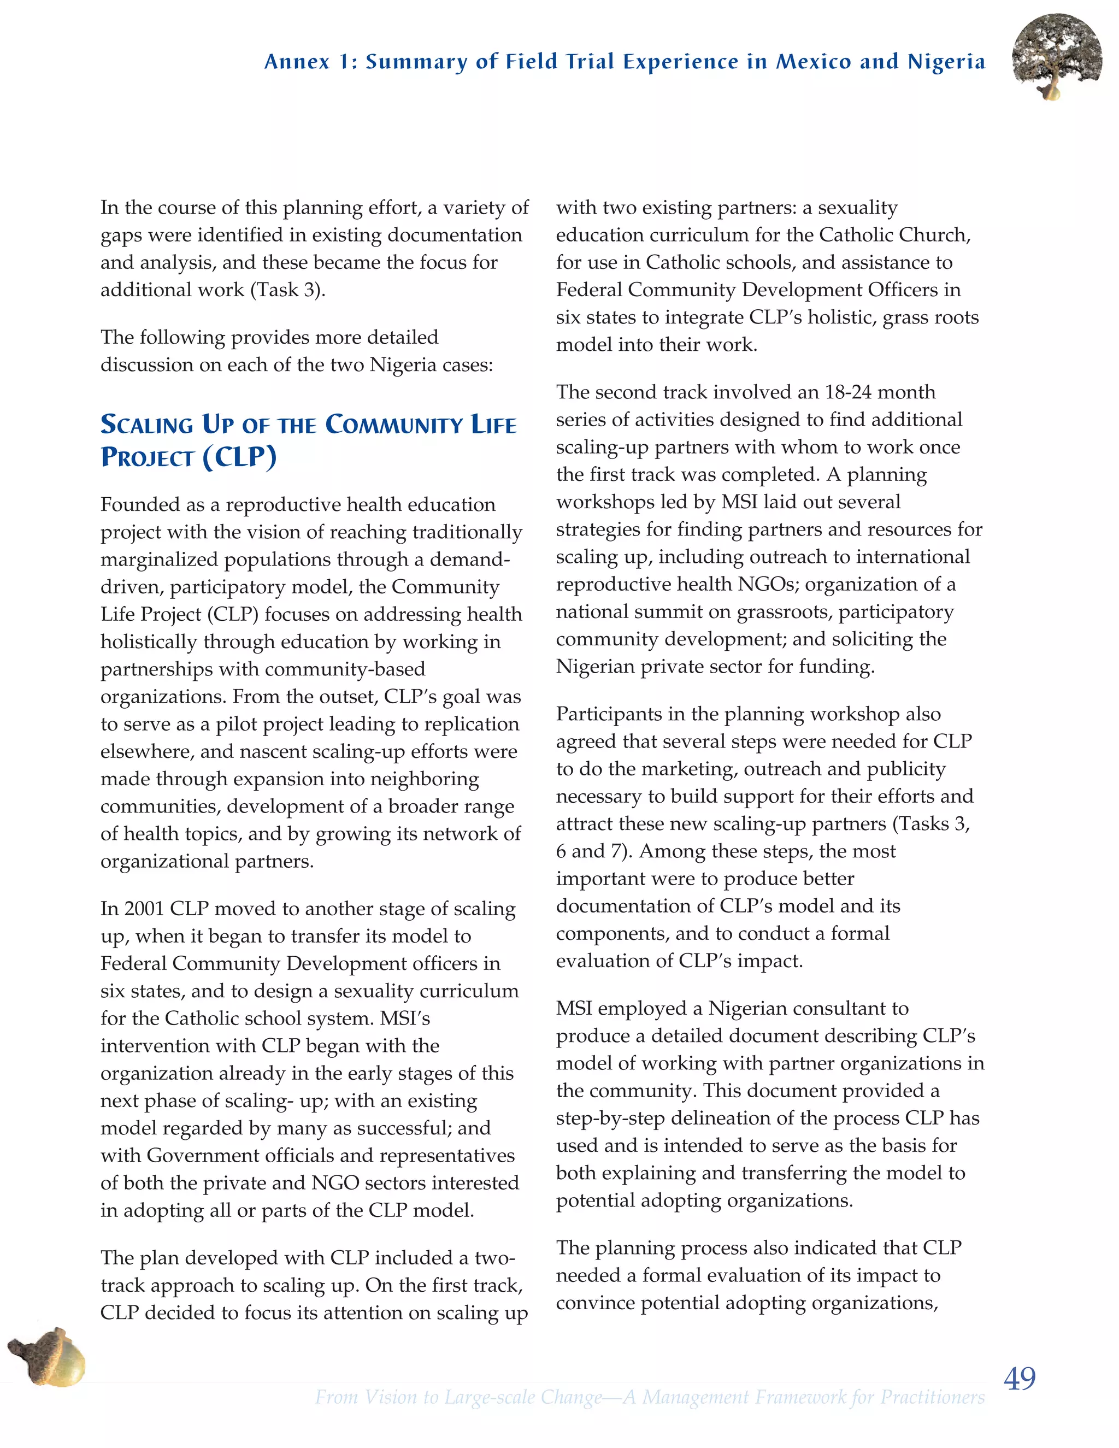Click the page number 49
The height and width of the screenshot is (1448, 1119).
point(1020,1379)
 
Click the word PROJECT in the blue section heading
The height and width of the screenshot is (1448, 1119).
point(146,457)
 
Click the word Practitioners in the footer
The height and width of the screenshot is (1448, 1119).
point(932,1398)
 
